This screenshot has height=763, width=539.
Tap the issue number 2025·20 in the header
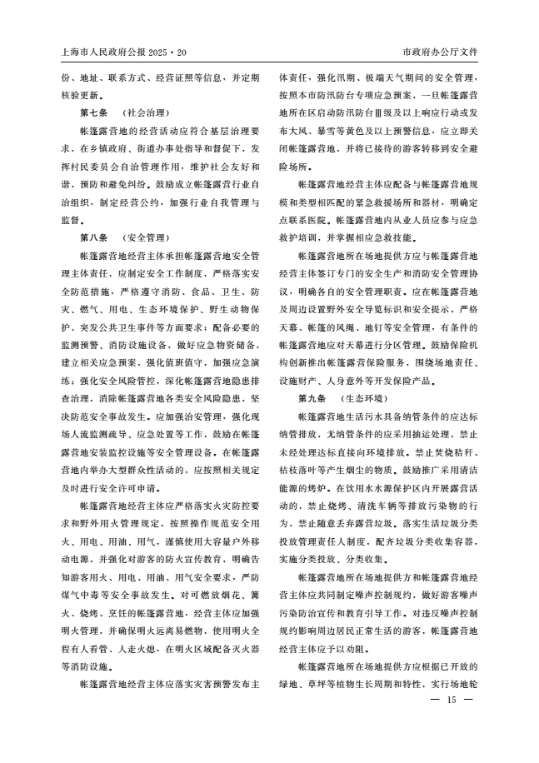pos(171,51)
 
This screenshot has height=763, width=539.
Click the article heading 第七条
pos(93,112)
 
